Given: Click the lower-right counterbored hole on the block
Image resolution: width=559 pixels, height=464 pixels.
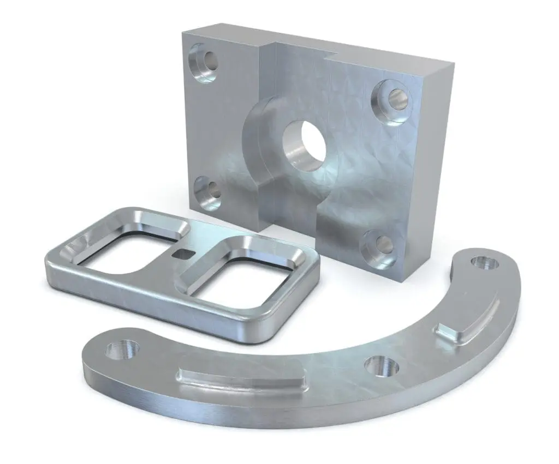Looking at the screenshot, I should pyautogui.click(x=382, y=248).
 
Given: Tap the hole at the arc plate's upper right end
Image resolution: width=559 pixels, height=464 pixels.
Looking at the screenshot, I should pyautogui.click(x=483, y=263).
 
